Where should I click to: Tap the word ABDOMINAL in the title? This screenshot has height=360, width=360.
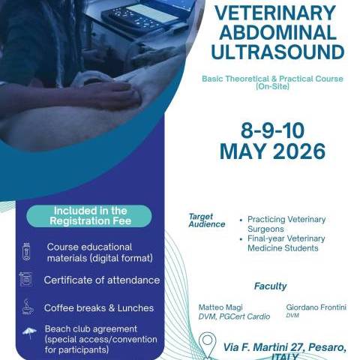[x=277, y=34]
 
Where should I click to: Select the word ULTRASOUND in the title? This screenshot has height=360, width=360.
[x=277, y=52]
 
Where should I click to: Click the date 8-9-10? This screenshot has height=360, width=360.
[x=272, y=127]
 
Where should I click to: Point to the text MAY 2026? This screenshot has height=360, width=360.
[x=272, y=151]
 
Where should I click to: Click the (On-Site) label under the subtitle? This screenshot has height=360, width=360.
[x=272, y=87]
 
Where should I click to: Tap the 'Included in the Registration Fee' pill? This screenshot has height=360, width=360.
[x=89, y=216]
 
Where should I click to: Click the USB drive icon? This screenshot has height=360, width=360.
[x=26, y=251]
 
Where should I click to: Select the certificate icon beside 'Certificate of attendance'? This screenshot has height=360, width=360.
[x=26, y=280]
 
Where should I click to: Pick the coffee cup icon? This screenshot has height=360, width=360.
[x=26, y=307]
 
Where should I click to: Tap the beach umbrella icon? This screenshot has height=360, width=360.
[x=28, y=332]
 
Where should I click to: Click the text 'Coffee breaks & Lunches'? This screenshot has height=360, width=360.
[x=98, y=307]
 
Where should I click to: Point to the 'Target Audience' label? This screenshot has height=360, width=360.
[x=206, y=220]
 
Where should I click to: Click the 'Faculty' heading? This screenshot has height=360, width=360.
[x=270, y=286]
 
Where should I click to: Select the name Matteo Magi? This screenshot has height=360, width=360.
[x=220, y=307]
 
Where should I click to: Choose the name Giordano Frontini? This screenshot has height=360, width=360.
[x=315, y=307]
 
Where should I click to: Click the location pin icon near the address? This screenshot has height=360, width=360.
[x=208, y=346]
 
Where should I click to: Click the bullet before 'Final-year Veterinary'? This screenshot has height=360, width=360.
[x=240, y=238]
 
